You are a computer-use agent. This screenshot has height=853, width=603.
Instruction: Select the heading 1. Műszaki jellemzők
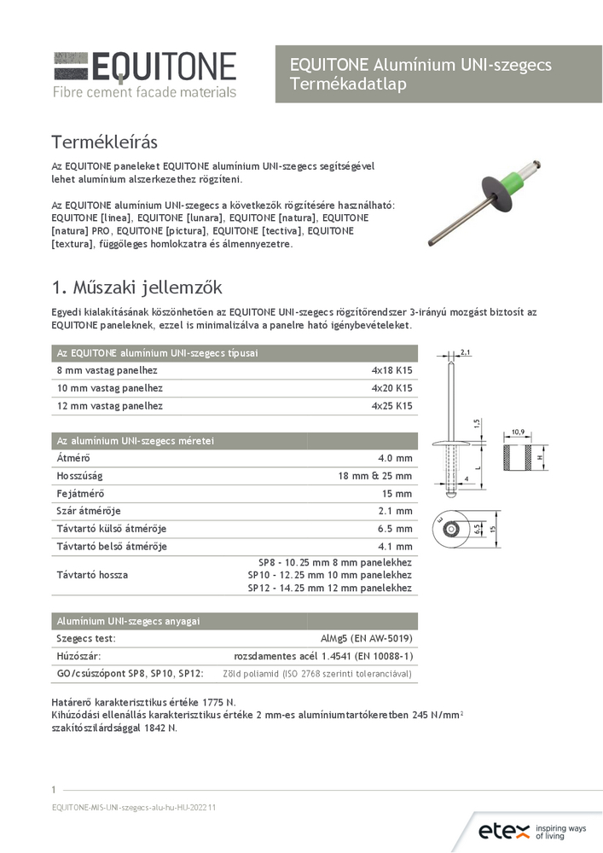pyautogui.click(x=137, y=287)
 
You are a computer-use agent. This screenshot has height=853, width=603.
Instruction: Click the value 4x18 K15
pyautogui.click(x=391, y=371)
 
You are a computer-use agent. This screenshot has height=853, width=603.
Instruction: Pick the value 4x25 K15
pyautogui.click(x=391, y=406)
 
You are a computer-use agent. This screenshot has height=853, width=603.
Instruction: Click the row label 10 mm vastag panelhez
pyautogui.click(x=108, y=389)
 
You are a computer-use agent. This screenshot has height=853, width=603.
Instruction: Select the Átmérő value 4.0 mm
pyautogui.click(x=396, y=459)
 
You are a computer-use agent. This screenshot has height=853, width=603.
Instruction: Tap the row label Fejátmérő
pyautogui.click(x=80, y=494)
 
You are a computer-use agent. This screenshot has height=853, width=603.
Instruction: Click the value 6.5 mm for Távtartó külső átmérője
pyautogui.click(x=396, y=529)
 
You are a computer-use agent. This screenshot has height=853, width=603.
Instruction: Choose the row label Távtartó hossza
pyautogui.click(x=92, y=575)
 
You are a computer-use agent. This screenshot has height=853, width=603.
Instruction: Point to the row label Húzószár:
pyautogui.click(x=78, y=656)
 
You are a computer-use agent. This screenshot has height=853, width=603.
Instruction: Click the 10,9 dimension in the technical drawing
pyautogui.click(x=518, y=432)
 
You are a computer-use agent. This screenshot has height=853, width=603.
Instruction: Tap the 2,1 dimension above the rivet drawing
pyautogui.click(x=466, y=352)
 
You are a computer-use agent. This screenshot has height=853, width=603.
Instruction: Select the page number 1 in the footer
pyautogui.click(x=54, y=789)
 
